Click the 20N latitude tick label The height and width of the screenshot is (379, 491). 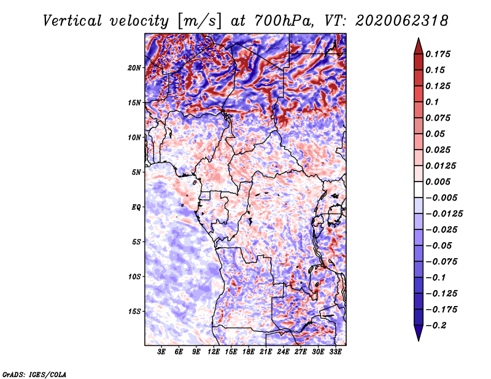pos(134,68)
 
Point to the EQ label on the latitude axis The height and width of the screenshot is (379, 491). pos(136,207)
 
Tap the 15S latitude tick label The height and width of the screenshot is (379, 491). pos(134,312)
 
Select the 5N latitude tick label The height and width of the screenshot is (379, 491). pos(136,172)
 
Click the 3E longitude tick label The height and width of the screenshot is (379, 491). pos(161,352)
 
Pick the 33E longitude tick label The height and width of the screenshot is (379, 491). pos(335,352)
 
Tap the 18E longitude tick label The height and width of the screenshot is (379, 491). pos(249,352)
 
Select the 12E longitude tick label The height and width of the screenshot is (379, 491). pos(214,352)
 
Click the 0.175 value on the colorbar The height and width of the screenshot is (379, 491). pos(438,54)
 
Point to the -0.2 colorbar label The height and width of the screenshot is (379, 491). pos(436,326)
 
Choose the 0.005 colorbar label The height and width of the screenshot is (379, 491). pos(438,182)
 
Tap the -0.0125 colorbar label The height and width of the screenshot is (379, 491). pos(444,214)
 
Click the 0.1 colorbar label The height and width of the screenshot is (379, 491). pos(432,102)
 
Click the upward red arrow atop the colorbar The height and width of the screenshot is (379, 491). pos(419,46)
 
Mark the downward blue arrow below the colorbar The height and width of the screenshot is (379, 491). pos(419,333)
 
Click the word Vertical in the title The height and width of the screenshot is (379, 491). pos(72,21)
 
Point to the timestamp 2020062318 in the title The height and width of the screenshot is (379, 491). pos(402,21)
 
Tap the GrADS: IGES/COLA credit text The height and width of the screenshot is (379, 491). pos(34,374)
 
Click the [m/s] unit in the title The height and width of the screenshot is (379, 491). pos(199,21)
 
